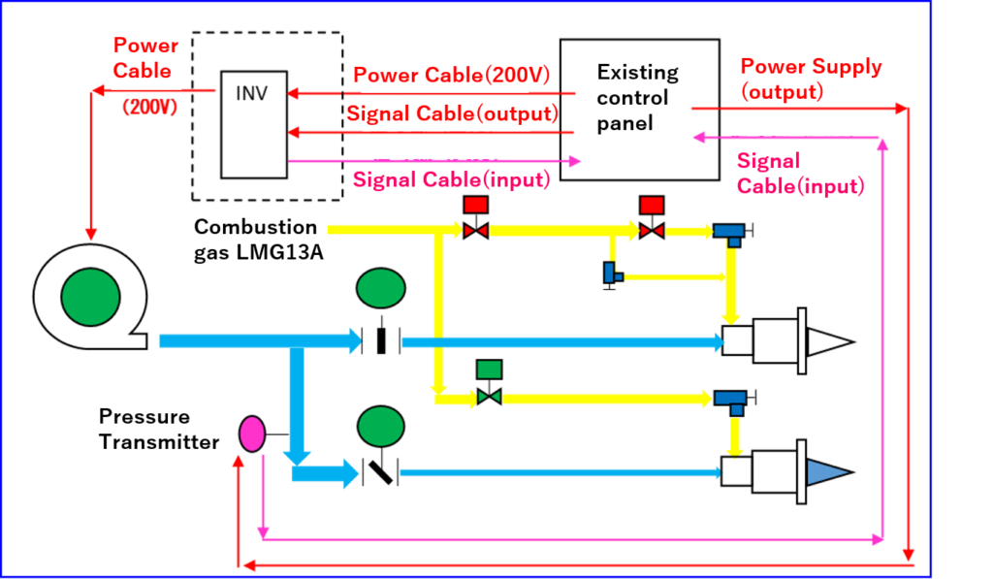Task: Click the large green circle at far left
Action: coord(90,298)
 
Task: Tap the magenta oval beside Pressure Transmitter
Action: coord(252,434)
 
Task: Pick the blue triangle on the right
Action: coord(827,472)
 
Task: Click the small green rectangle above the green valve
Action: coord(490,370)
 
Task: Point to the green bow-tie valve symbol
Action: coord(490,397)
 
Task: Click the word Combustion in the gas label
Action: coord(257,227)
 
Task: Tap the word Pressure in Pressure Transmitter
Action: coord(146,417)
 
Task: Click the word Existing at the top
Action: coord(637,72)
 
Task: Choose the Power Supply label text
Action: coord(811,67)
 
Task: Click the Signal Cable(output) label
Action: coord(452,113)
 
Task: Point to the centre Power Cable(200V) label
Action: coord(452,75)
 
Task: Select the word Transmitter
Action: coord(161,442)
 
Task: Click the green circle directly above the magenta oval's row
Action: coord(381,426)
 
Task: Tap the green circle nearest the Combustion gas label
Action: coord(381,288)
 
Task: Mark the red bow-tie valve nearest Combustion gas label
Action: coord(475,231)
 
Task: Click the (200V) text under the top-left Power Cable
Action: coord(151,108)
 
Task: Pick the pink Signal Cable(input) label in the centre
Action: coord(451,179)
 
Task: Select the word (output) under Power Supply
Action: coord(782,92)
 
